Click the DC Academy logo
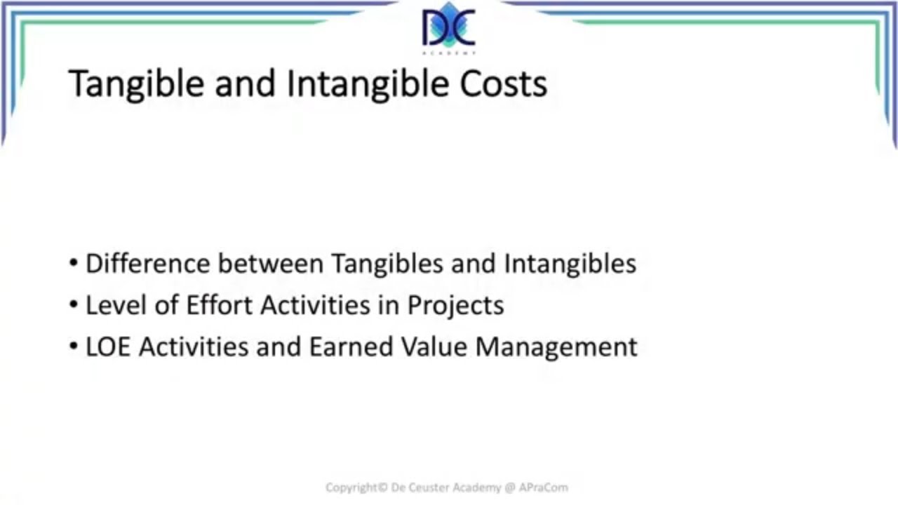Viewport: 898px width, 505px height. tap(449, 29)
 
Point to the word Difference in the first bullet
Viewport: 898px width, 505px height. tap(147, 264)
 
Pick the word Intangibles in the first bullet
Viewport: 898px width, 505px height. tap(570, 264)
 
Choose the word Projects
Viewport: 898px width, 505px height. tap(455, 307)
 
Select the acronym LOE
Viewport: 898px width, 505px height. tap(109, 347)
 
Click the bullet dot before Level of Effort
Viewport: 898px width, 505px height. tap(74, 306)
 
